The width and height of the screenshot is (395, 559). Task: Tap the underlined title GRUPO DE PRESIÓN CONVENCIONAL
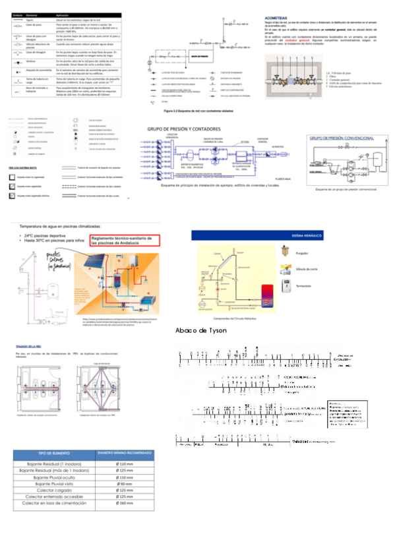click(341, 139)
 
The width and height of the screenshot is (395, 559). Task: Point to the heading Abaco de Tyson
click(201, 330)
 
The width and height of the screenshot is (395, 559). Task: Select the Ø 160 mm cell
click(125, 503)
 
